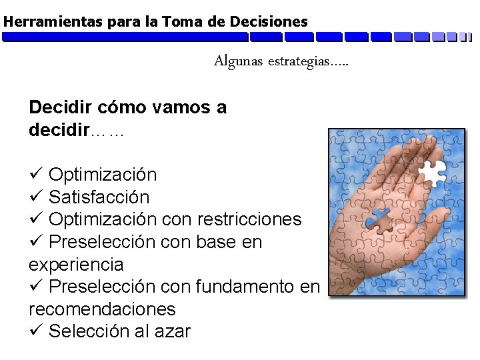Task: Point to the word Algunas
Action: tap(238, 62)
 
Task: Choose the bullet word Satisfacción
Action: tap(99, 197)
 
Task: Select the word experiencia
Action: tap(76, 265)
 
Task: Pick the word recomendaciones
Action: tap(102, 309)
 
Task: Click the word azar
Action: tap(172, 331)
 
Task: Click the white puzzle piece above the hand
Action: tap(431, 172)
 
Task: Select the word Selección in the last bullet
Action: tap(88, 331)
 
